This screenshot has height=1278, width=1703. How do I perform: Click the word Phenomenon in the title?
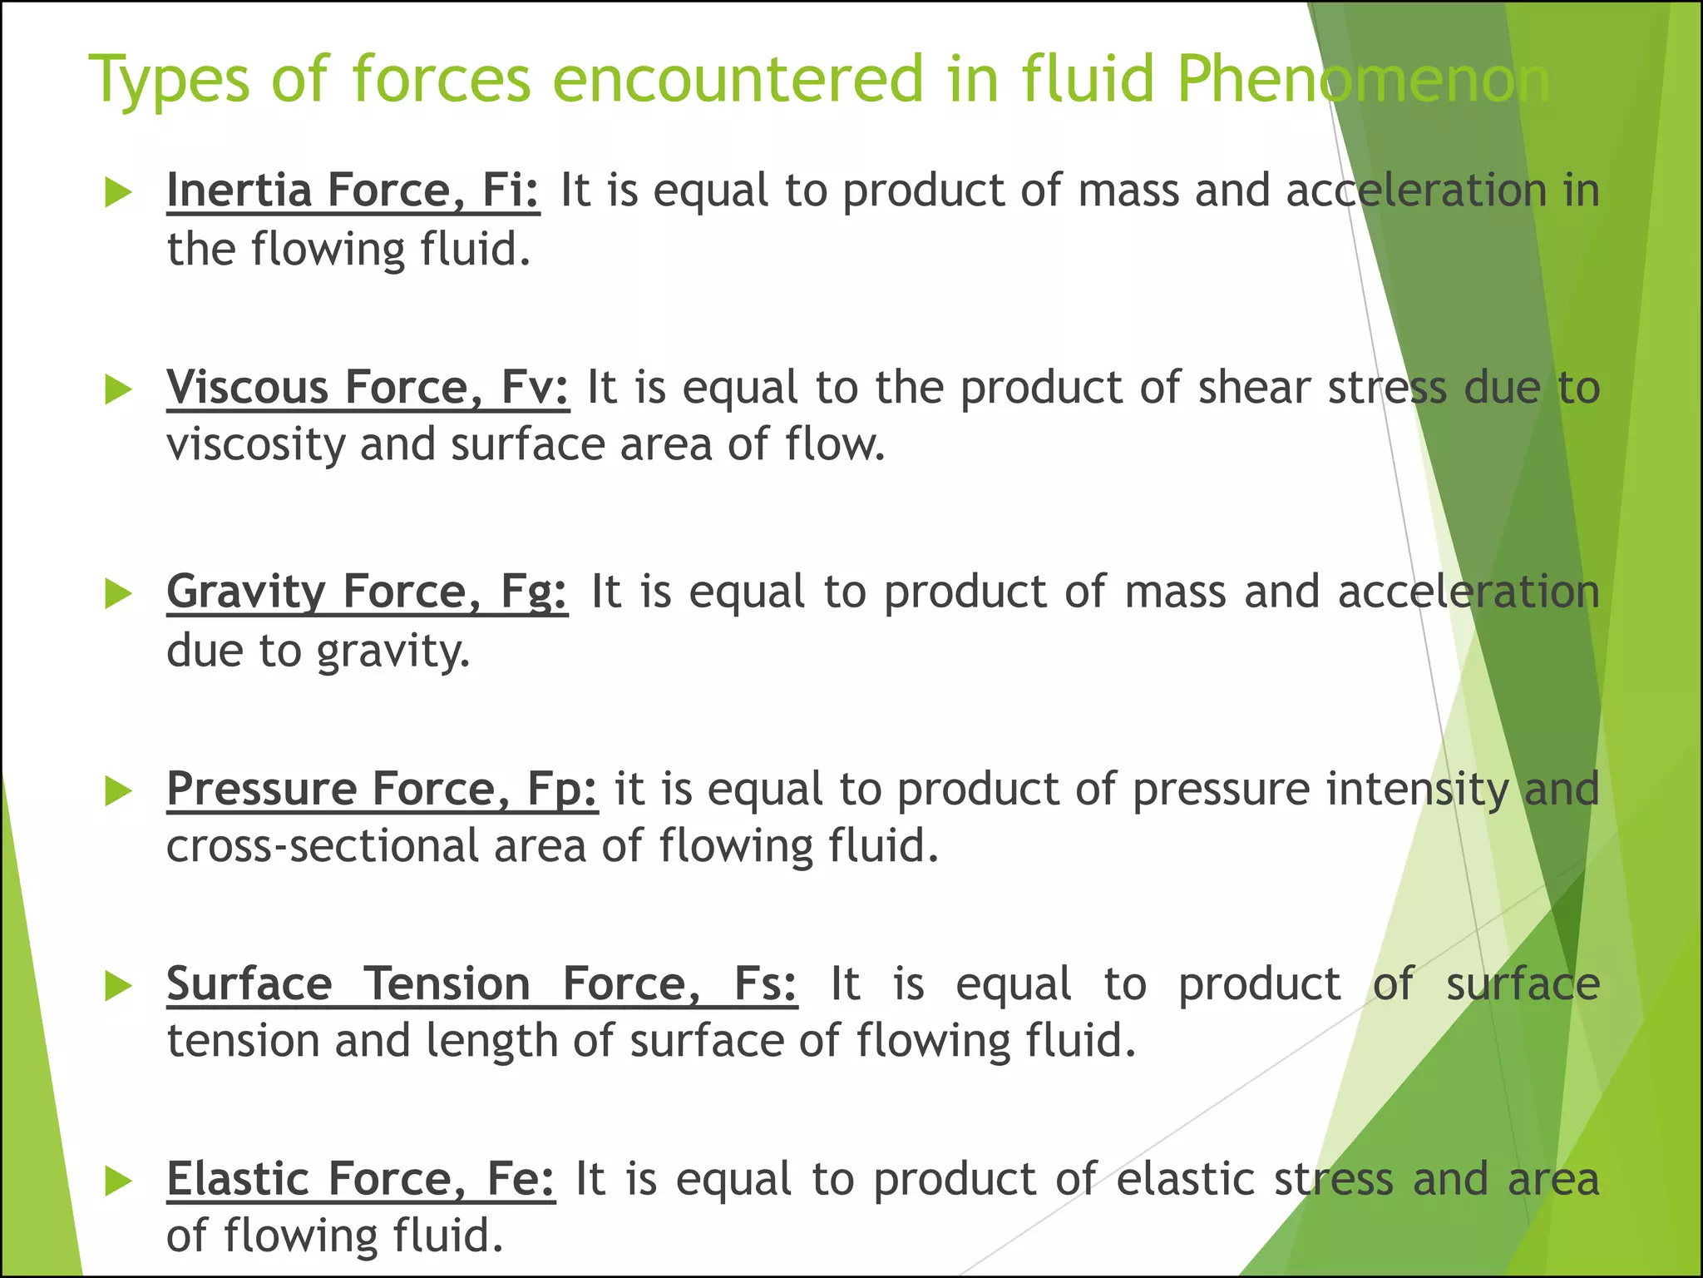point(1364,81)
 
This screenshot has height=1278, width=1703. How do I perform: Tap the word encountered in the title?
point(738,81)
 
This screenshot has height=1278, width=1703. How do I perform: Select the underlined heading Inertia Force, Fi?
point(353,191)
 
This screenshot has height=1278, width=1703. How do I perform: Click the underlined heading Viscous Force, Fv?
point(368,388)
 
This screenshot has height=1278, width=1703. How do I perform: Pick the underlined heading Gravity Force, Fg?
point(367,592)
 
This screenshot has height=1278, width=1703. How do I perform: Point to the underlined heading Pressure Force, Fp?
point(382,789)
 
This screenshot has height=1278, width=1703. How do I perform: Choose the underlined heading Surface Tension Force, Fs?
point(481,984)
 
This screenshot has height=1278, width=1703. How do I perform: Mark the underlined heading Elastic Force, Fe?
point(360,1180)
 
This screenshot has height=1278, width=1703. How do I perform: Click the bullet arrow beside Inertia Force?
point(118,194)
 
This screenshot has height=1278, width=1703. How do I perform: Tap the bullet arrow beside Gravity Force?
point(118,595)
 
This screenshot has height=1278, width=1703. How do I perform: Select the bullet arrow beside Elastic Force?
point(118,1182)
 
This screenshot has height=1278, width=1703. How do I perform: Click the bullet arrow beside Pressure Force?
point(118,791)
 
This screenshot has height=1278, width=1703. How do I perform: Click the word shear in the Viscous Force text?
point(1253,388)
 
